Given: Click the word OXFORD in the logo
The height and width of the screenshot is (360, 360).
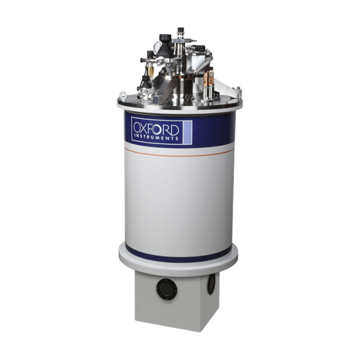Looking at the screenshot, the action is (x=156, y=129).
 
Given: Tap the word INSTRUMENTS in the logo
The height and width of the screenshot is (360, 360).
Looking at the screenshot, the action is (x=156, y=138).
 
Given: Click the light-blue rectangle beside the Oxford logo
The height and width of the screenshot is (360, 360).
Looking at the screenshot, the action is (x=188, y=133).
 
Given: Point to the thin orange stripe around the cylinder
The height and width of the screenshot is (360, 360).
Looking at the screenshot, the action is (x=179, y=153).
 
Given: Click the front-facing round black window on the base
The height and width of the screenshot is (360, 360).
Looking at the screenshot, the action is (x=167, y=289).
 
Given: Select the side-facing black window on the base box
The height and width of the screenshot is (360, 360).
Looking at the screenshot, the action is (x=211, y=284).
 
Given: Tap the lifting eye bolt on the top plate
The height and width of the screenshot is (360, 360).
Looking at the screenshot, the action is (x=123, y=96).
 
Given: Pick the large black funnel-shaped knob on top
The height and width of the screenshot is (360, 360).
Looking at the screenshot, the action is (x=166, y=45).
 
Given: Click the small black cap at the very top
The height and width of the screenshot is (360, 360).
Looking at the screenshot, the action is (x=181, y=29).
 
